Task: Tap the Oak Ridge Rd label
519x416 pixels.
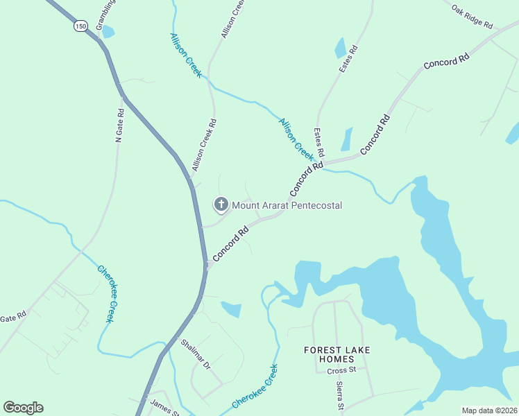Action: [x=471, y=16]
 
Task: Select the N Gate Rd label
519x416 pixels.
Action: [x=120, y=125]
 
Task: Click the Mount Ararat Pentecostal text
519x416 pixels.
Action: [x=287, y=205]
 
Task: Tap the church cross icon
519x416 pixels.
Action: [x=221, y=204]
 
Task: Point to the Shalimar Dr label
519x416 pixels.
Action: [x=195, y=354]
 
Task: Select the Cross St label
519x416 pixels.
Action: [x=341, y=370]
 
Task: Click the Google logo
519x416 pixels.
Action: [x=23, y=408]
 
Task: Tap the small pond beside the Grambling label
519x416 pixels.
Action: [x=108, y=32]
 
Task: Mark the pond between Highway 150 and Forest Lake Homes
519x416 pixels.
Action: [x=232, y=309]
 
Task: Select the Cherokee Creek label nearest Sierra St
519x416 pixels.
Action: [x=255, y=385]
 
